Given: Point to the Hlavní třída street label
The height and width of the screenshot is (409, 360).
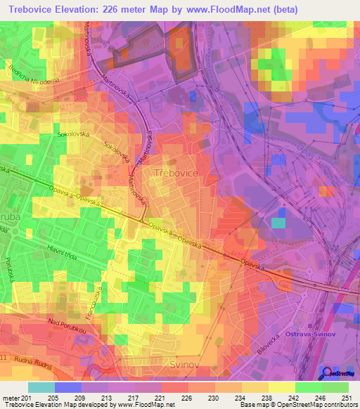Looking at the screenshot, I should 67,259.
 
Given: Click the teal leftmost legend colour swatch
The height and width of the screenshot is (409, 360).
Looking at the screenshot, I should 41,387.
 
